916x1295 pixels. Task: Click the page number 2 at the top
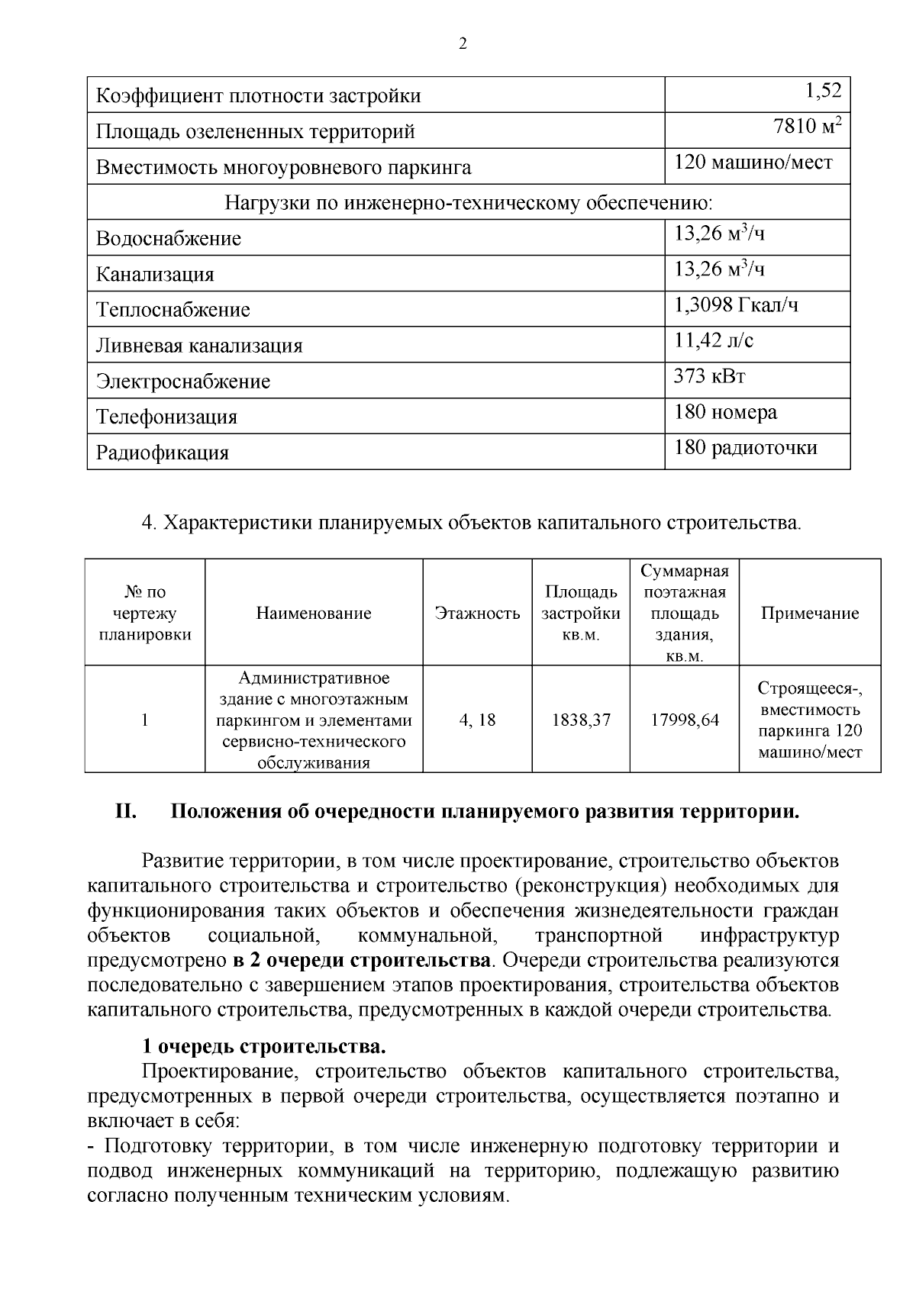[x=462, y=43]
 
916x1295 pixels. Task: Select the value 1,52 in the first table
[x=823, y=92]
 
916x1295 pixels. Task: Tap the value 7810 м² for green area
[x=808, y=127]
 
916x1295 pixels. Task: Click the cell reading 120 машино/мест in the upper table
[x=753, y=163]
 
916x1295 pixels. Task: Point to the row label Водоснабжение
[x=168, y=239]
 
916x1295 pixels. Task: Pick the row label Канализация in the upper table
[x=155, y=275]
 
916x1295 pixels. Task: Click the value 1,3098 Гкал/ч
[x=736, y=306]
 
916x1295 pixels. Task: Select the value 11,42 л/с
[x=713, y=341]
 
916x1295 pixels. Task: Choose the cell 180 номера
[x=725, y=413]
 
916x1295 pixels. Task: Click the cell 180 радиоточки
[x=745, y=448]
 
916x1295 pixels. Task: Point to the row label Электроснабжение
[x=182, y=382]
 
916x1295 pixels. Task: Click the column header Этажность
[x=477, y=614]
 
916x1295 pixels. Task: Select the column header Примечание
[x=809, y=614]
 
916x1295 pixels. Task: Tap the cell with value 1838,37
[x=581, y=720]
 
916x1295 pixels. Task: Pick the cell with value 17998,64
[x=685, y=720]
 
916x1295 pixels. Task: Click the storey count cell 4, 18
[x=477, y=720]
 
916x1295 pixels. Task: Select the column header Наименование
[x=314, y=614]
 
